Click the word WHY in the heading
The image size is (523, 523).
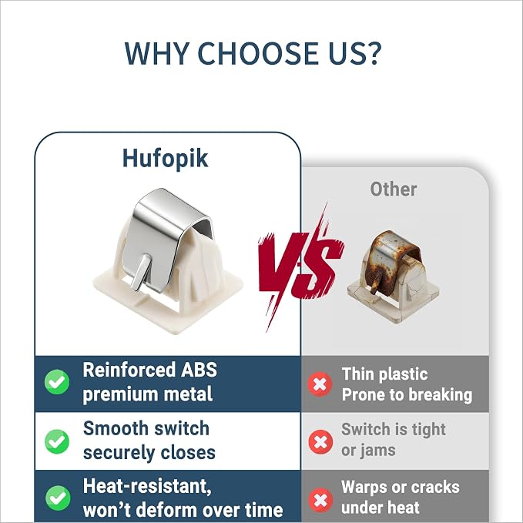pos(157,53)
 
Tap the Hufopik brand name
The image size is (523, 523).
pos(166,159)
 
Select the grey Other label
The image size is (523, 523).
pos(394,189)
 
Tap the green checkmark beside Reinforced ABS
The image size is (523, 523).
pos(57,382)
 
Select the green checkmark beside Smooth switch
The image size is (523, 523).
pos(57,441)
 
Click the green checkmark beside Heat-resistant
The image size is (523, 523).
pos(58,498)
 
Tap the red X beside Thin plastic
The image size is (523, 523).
pos(320,384)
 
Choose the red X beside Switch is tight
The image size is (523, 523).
pos(320,442)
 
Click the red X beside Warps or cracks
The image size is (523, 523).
pos(321,500)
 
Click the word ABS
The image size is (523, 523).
pos(199,370)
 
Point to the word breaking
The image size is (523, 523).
pos(441,395)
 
